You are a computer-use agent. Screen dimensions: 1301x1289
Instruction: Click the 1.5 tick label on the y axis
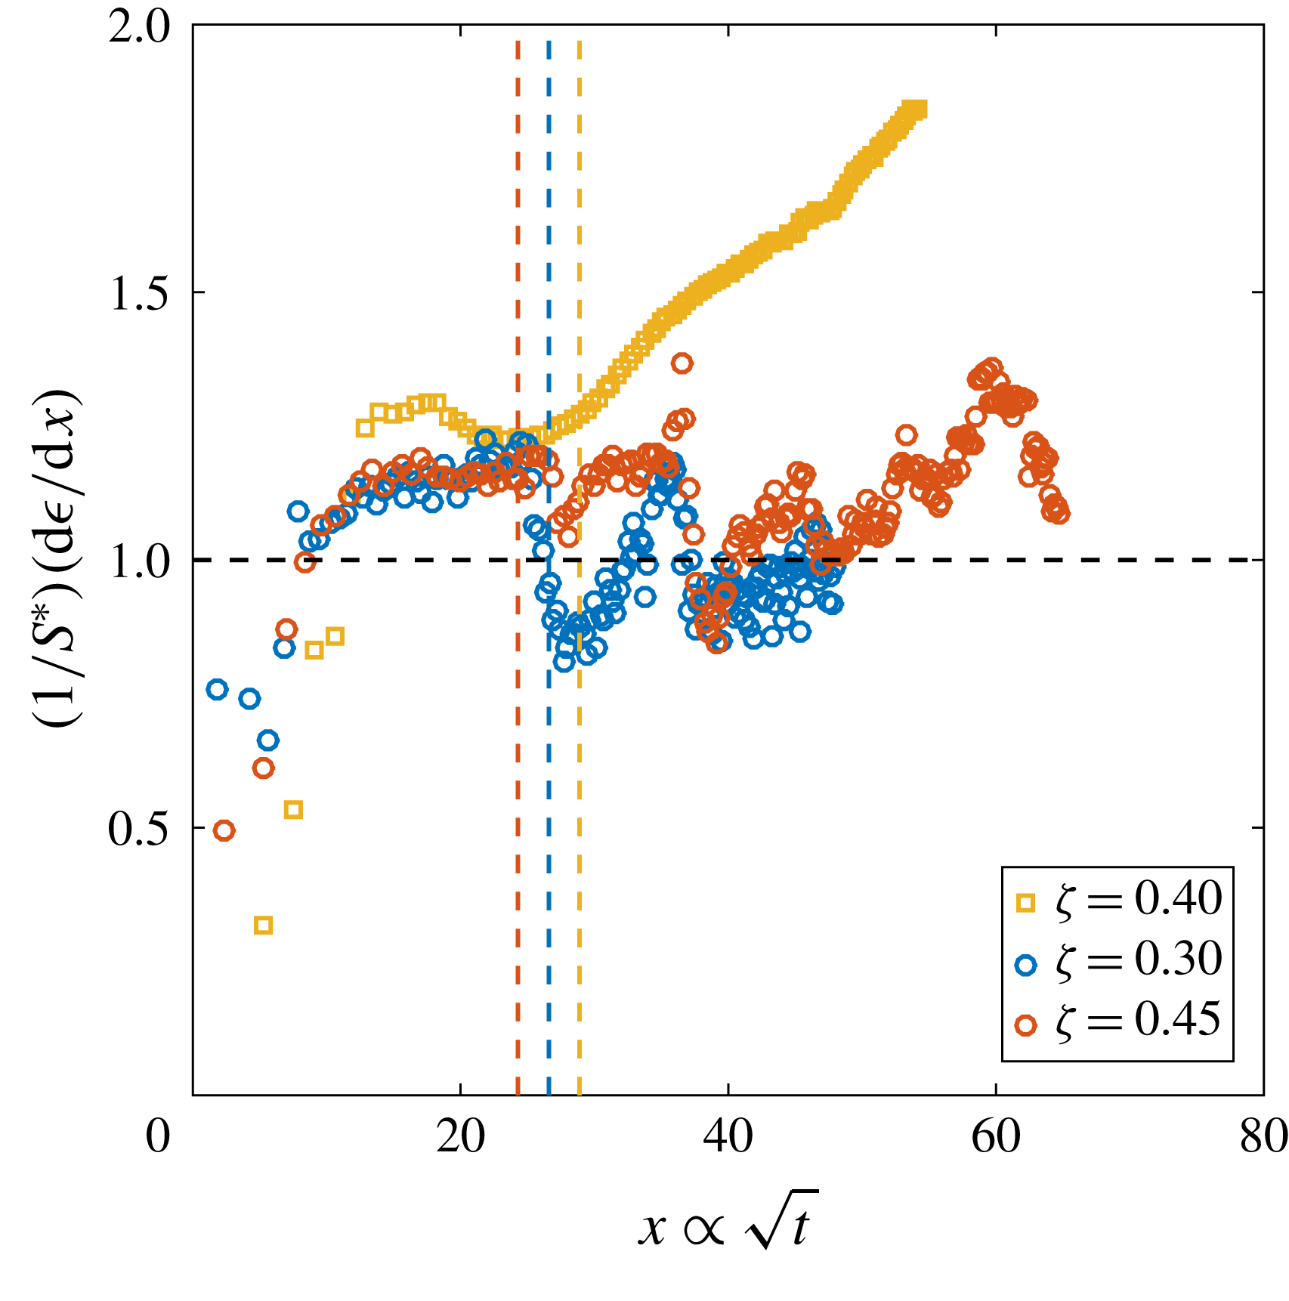point(141,294)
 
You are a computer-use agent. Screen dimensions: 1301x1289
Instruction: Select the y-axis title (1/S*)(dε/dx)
point(57,560)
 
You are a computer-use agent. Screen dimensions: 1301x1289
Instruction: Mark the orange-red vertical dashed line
point(518,756)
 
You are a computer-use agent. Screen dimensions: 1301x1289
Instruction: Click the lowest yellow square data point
point(263,926)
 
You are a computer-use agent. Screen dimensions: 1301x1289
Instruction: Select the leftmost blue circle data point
point(218,689)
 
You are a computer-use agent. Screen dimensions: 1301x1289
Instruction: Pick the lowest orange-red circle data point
point(224,831)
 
